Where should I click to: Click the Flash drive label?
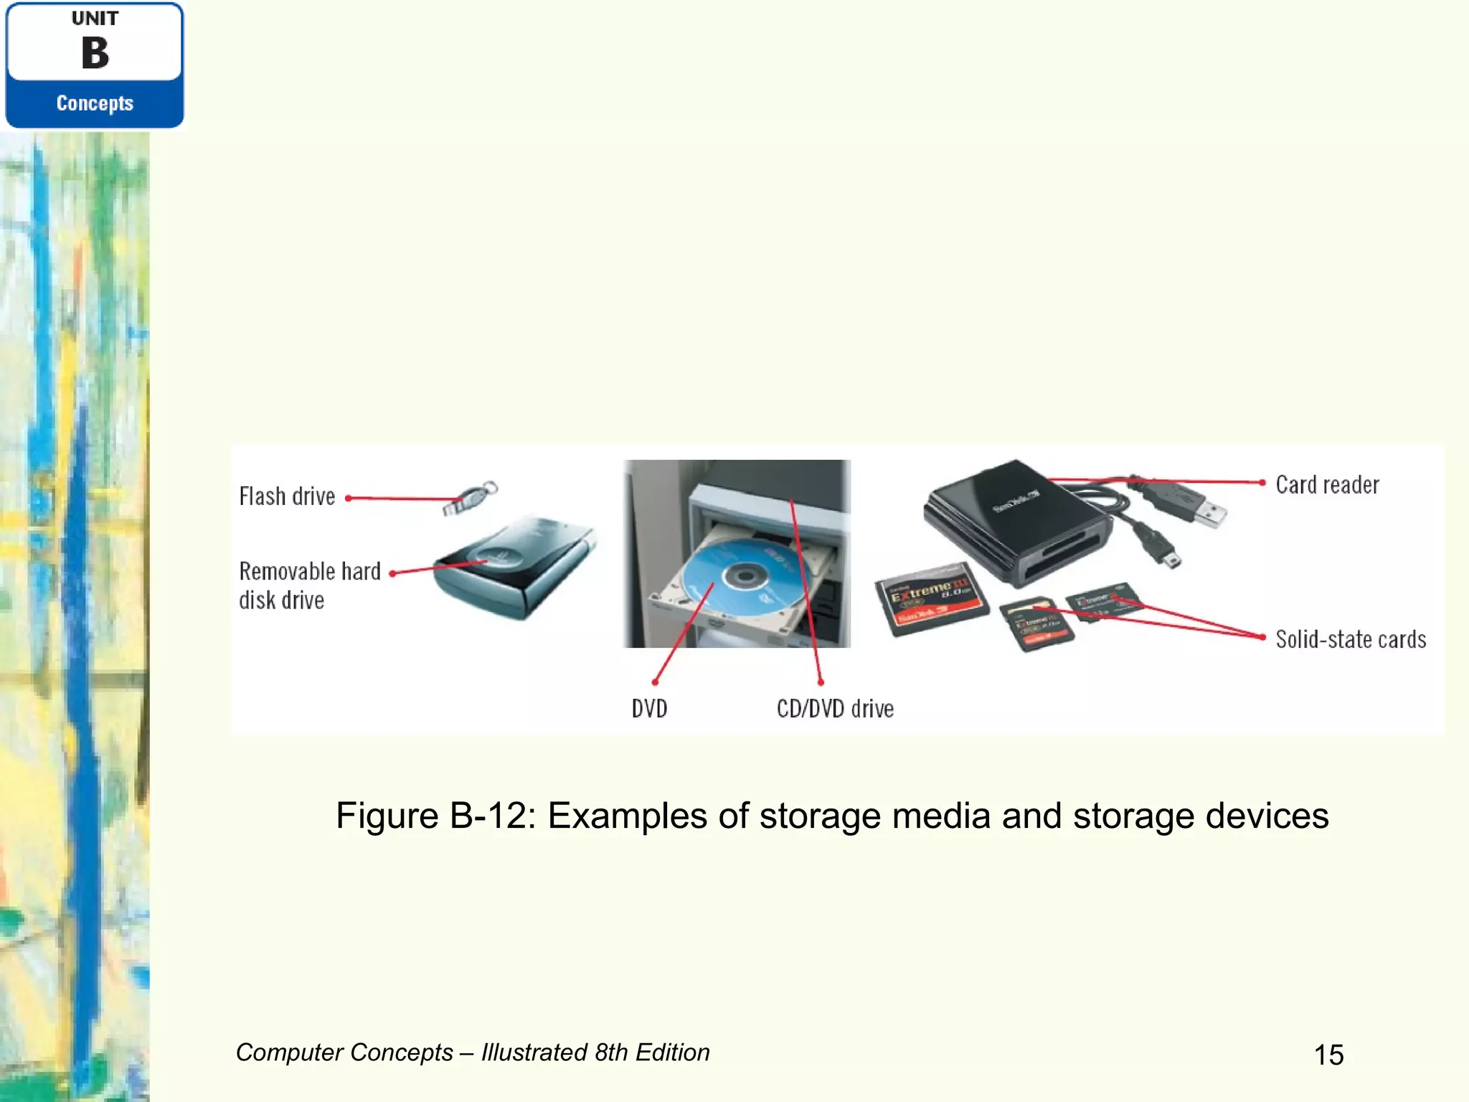point(287,496)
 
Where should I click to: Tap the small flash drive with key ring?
point(470,497)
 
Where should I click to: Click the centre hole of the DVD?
point(745,575)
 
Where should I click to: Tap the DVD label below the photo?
point(649,709)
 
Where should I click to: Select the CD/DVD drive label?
point(835,709)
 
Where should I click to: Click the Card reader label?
point(1327,485)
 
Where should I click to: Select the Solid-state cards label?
point(1351,639)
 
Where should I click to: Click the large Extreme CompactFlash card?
point(931,598)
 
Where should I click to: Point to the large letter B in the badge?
point(95,53)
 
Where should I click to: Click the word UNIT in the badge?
point(95,19)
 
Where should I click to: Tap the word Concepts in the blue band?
point(95,103)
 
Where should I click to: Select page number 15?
point(1328,1055)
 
